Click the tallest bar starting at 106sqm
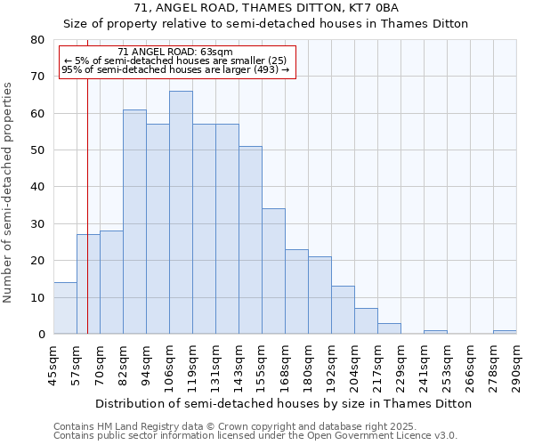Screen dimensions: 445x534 [181, 213]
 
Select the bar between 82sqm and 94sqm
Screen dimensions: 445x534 [134, 222]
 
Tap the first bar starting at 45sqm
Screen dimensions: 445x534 [65, 308]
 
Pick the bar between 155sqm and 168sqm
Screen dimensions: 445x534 [273, 271]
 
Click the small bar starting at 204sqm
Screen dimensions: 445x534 [366, 321]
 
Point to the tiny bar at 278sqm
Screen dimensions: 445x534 [505, 332]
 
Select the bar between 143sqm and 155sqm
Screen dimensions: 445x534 [250, 240]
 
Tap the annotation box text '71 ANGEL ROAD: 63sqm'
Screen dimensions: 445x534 [174, 53]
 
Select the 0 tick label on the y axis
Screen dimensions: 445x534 [42, 335]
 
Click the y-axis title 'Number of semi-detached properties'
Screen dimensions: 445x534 [9, 191]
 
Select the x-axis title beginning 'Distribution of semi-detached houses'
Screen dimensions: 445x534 [283, 403]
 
